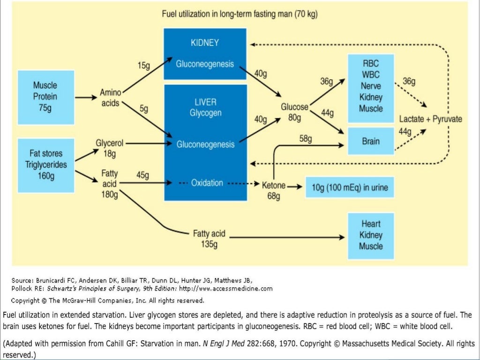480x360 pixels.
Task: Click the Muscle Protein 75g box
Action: pos(45,97)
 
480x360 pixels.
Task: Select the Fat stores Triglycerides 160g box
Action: pos(45,165)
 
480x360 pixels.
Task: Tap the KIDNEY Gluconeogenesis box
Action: pos(205,53)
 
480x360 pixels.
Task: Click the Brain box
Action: pos(371,141)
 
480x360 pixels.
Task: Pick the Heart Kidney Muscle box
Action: pos(371,235)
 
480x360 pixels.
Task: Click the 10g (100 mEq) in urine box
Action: pos(350,188)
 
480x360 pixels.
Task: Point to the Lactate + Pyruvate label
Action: pos(430,119)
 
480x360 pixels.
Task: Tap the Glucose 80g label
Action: pos(294,112)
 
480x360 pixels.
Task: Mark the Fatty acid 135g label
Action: pos(209,238)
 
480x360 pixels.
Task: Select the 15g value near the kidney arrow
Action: pos(143,66)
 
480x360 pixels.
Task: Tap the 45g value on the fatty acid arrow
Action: pos(142,175)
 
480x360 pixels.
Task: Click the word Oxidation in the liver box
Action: pos(207,183)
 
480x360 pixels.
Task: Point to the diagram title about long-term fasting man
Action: pos(240,14)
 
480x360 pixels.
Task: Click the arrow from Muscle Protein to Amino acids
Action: pos(86,97)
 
